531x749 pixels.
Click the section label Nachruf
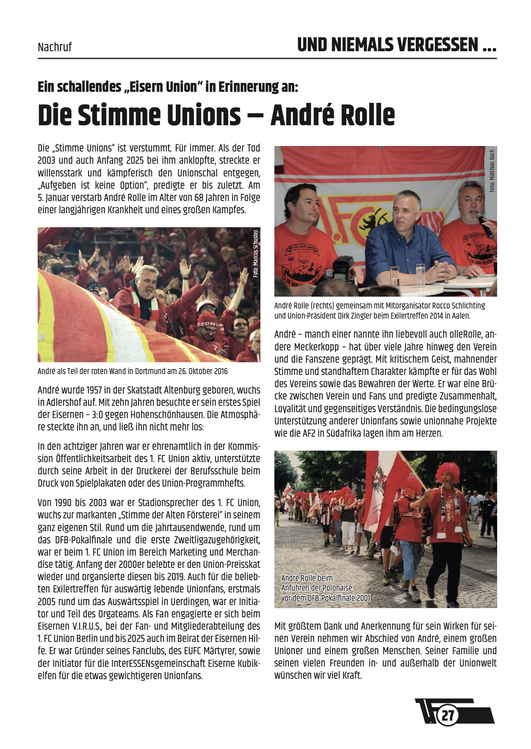click(x=55, y=47)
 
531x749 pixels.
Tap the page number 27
click(x=448, y=715)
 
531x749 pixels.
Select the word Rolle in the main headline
click(x=362, y=116)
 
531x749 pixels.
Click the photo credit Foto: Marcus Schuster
click(x=255, y=253)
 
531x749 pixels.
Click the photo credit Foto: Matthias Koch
click(x=492, y=171)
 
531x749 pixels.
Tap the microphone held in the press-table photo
click(x=484, y=224)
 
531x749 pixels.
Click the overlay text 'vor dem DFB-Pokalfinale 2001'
click(x=326, y=598)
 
